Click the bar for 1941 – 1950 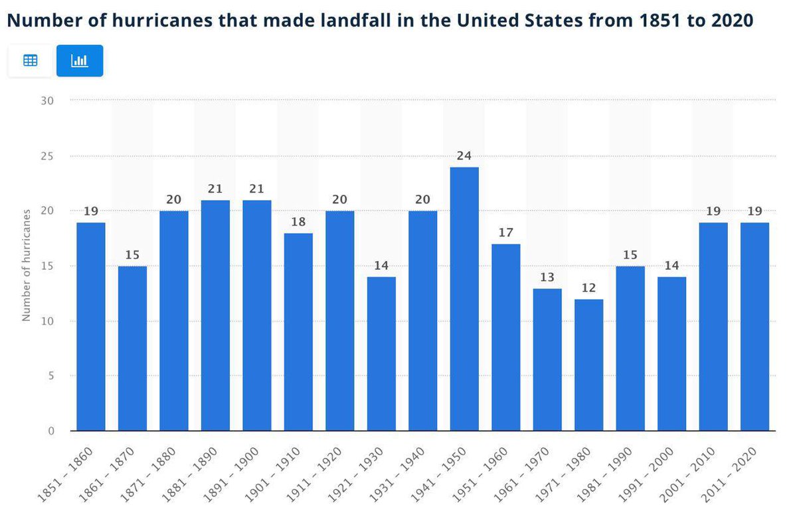coord(464,299)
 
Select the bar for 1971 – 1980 coord(588,365)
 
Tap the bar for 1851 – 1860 coord(91,326)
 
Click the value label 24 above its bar coord(464,156)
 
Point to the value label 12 coord(588,288)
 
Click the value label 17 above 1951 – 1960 coord(505,233)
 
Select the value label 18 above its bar coord(298,222)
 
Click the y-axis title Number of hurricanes coord(27,265)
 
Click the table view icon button coord(30,60)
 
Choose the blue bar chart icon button coord(80,60)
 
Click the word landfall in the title coord(369,21)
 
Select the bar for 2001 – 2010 coord(713,326)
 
